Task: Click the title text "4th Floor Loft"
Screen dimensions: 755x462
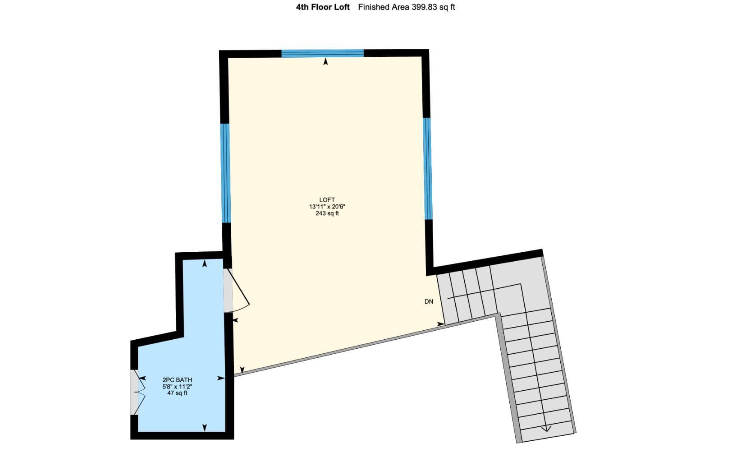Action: click(x=323, y=7)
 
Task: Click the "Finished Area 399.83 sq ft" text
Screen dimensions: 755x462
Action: click(x=406, y=7)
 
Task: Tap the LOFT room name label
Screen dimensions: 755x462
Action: click(x=327, y=200)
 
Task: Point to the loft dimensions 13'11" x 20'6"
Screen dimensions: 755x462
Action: click(x=327, y=207)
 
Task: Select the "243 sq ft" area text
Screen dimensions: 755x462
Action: click(x=327, y=213)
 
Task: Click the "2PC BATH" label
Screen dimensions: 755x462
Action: click(x=177, y=379)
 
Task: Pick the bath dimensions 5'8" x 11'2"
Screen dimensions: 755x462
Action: click(x=177, y=386)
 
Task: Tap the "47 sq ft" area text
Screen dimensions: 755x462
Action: click(x=177, y=393)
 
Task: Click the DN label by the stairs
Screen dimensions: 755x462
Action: click(x=429, y=302)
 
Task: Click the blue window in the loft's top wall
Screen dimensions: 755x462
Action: click(x=323, y=53)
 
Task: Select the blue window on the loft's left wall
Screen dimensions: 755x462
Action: click(x=225, y=173)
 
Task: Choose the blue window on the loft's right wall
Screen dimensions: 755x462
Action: click(x=427, y=168)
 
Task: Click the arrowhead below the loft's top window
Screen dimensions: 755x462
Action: click(x=325, y=61)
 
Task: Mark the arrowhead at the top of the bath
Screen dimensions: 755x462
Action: click(x=205, y=263)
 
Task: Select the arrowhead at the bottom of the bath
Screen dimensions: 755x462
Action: click(x=205, y=428)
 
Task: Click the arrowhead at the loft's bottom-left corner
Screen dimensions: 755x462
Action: click(x=242, y=369)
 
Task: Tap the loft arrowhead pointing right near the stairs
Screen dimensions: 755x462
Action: click(x=441, y=324)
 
